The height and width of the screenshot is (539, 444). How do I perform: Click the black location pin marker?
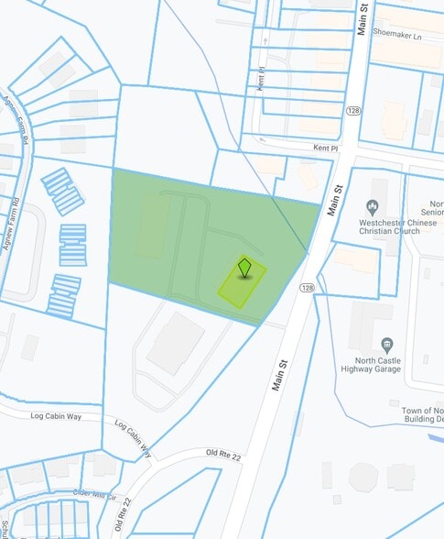(244, 267)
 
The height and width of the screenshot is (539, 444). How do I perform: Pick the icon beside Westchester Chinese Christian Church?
(374, 206)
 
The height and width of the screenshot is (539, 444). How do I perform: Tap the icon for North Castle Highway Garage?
(388, 345)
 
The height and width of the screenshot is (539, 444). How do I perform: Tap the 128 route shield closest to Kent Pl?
(352, 111)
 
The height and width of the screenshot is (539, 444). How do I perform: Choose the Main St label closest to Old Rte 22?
(282, 371)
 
